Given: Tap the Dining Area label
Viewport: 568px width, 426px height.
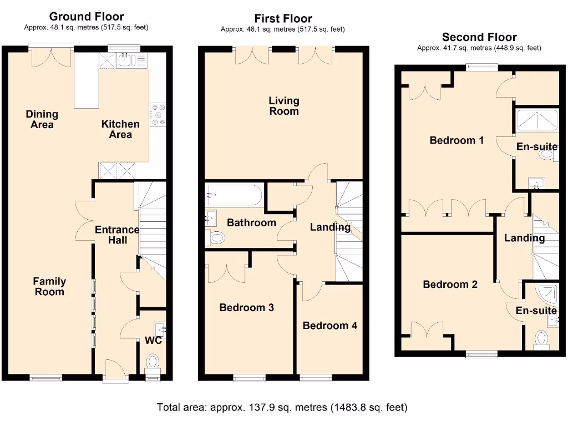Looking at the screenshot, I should [x=42, y=119].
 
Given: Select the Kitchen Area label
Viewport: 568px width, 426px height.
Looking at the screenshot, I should [x=120, y=129].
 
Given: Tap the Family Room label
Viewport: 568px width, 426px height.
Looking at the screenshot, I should [x=49, y=287].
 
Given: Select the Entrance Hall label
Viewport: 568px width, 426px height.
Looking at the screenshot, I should [x=117, y=235].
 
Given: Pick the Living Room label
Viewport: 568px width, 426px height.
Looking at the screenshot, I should [x=283, y=106].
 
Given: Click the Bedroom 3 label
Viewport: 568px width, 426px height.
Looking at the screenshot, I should [x=246, y=307].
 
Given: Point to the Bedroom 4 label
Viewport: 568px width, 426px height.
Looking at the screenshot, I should [x=329, y=326].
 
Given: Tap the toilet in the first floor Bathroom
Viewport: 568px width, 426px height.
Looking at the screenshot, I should [x=216, y=239].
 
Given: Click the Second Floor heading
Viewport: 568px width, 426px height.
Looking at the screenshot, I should [x=479, y=37].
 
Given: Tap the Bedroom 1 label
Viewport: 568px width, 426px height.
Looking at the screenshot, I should [x=457, y=140].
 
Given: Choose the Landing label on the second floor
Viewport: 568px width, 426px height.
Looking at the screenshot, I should [x=524, y=238].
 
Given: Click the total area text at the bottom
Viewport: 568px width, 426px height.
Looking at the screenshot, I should [x=282, y=408].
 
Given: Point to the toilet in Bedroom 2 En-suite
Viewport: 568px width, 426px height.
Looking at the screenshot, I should [x=541, y=339].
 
